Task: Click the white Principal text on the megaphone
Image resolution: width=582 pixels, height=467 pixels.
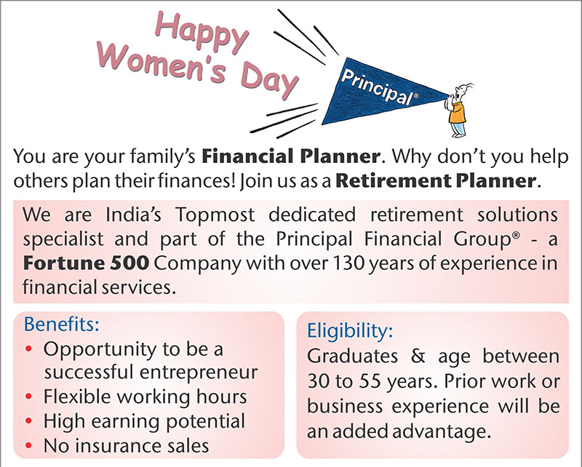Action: click(x=378, y=87)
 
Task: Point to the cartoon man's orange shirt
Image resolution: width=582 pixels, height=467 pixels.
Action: click(x=458, y=112)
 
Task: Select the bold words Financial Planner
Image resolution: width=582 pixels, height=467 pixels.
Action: click(x=291, y=156)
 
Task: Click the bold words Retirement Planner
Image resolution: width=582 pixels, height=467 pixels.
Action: click(x=436, y=181)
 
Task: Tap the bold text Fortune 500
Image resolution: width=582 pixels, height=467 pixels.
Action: click(x=86, y=263)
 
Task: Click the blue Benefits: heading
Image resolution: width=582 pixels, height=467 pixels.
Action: click(x=62, y=324)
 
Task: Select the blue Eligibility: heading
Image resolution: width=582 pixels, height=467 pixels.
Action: click(x=350, y=330)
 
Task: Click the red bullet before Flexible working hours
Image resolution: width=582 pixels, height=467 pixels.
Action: click(x=29, y=397)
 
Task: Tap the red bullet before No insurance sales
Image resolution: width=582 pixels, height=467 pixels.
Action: click(x=29, y=445)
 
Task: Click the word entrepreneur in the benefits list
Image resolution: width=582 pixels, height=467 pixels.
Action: click(x=199, y=372)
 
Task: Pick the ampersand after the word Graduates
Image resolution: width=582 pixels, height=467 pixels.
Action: click(x=418, y=356)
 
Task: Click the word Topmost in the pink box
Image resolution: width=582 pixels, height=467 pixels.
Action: click(x=215, y=215)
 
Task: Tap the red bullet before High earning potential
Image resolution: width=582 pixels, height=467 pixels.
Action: click(x=29, y=421)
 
